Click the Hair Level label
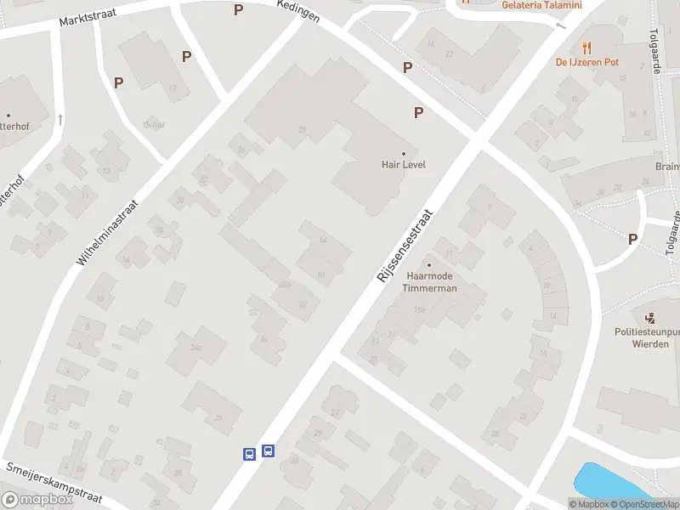pyautogui.click(x=403, y=165)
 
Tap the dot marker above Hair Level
pyautogui.click(x=404, y=153)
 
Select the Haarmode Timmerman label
pyautogui.click(x=431, y=282)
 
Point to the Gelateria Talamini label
pyautogui.click(x=541, y=5)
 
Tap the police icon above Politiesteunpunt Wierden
pyautogui.click(x=650, y=318)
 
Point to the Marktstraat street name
pyautogui.click(x=88, y=17)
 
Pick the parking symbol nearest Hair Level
pyautogui.click(x=418, y=112)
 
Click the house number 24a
pyautogui.click(x=197, y=347)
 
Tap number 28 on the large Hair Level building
pyautogui.click(x=302, y=129)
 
